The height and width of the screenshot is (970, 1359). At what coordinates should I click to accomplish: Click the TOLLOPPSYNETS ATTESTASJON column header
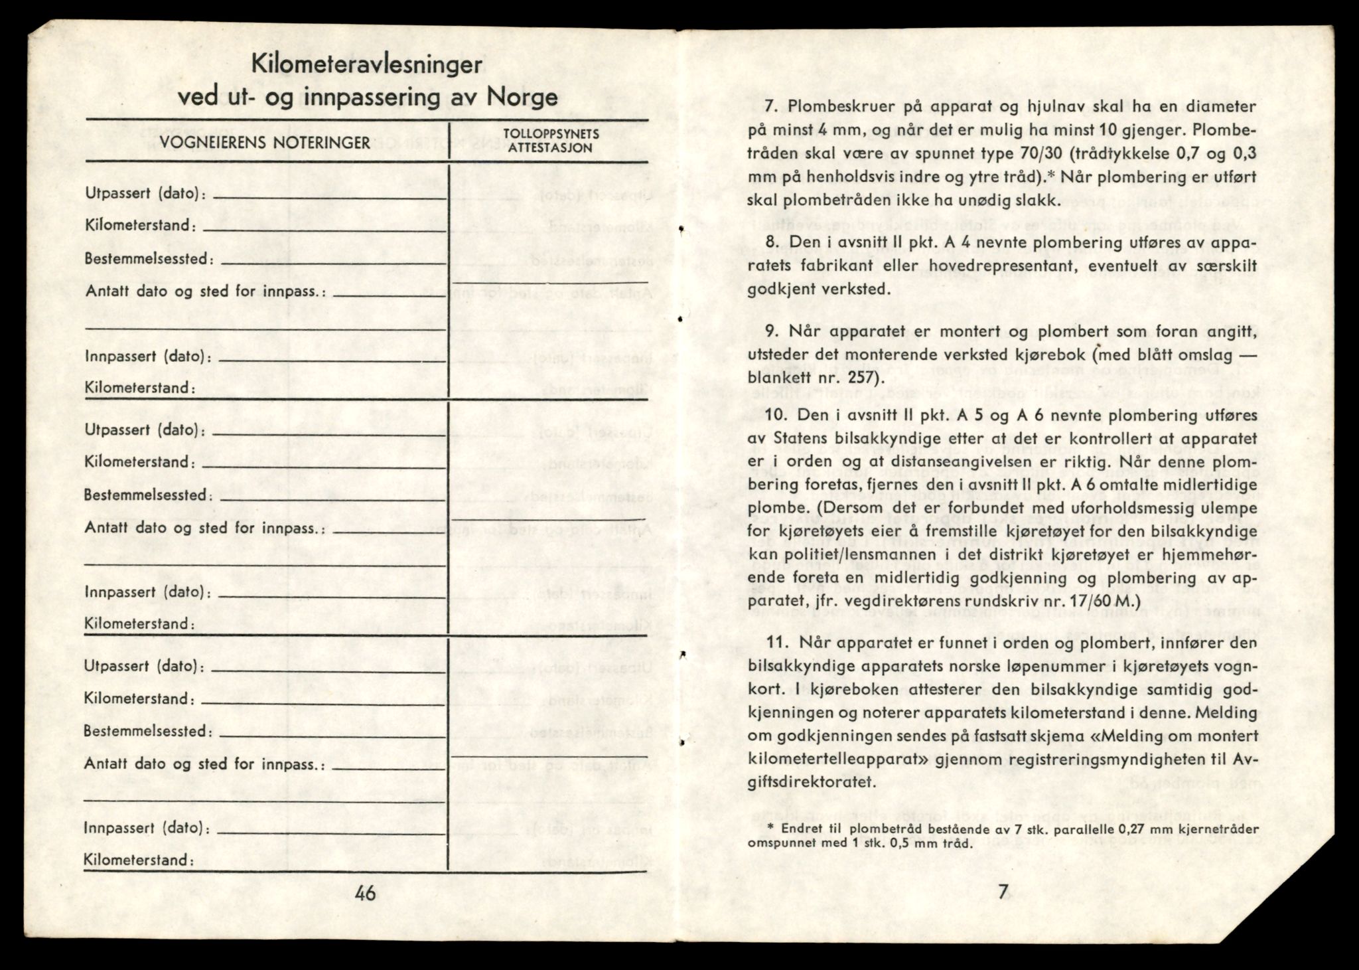pyautogui.click(x=551, y=141)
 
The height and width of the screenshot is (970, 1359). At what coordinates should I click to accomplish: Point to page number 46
pyautogui.click(x=365, y=893)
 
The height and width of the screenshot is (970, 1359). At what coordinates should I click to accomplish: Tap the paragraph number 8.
pyautogui.click(x=772, y=242)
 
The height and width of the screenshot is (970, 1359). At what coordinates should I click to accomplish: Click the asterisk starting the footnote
pyautogui.click(x=770, y=828)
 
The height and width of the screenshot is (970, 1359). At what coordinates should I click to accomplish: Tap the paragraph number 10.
pyautogui.click(x=775, y=415)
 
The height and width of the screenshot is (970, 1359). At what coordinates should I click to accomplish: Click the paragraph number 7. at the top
pyautogui.click(x=772, y=107)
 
